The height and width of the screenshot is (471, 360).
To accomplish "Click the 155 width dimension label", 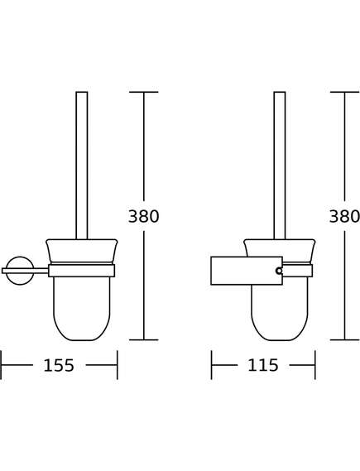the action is pyautogui.click(x=59, y=366).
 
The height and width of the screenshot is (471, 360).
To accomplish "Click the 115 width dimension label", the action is pyautogui.click(x=263, y=366).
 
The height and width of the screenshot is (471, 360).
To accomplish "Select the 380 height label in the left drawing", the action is pyautogui.click(x=143, y=216).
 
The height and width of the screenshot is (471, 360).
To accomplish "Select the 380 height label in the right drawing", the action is pyautogui.click(x=344, y=216).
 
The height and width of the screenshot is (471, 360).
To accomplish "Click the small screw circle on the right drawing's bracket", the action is pyautogui.click(x=279, y=271).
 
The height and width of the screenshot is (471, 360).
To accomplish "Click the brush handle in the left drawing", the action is pyautogui.click(x=82, y=166).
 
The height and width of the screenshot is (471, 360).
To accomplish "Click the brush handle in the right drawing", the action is pyautogui.click(x=280, y=166).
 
